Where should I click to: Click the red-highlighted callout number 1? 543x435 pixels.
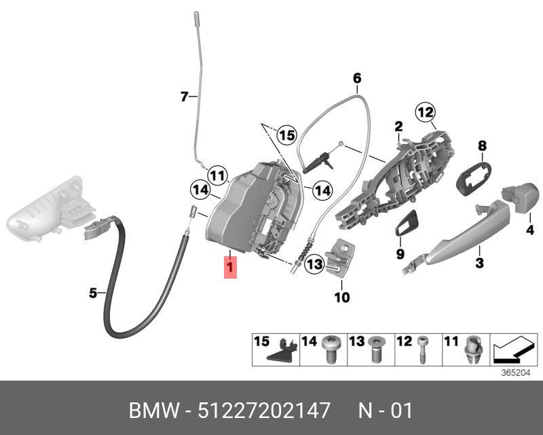[230, 267]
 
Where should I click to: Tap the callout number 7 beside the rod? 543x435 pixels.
[185, 96]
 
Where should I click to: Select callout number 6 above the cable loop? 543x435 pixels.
[357, 78]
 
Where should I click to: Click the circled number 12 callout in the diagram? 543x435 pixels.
[426, 112]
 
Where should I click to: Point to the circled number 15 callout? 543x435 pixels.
[287, 135]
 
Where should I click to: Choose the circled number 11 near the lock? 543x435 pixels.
[217, 175]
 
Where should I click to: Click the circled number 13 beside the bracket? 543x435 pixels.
[314, 264]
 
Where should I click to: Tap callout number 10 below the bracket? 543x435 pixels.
[342, 297]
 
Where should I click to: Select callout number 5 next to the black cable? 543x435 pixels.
[93, 293]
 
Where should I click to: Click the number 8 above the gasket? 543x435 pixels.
[482, 145]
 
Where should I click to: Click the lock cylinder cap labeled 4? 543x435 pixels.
[520, 197]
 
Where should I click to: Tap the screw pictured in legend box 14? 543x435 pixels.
[332, 349]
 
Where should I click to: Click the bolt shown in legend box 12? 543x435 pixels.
[422, 349]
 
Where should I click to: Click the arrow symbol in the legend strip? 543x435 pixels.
[513, 348]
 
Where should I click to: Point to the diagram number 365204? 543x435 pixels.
[516, 373]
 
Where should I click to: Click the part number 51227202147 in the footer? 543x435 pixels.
[263, 411]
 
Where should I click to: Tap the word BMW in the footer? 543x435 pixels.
[154, 411]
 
